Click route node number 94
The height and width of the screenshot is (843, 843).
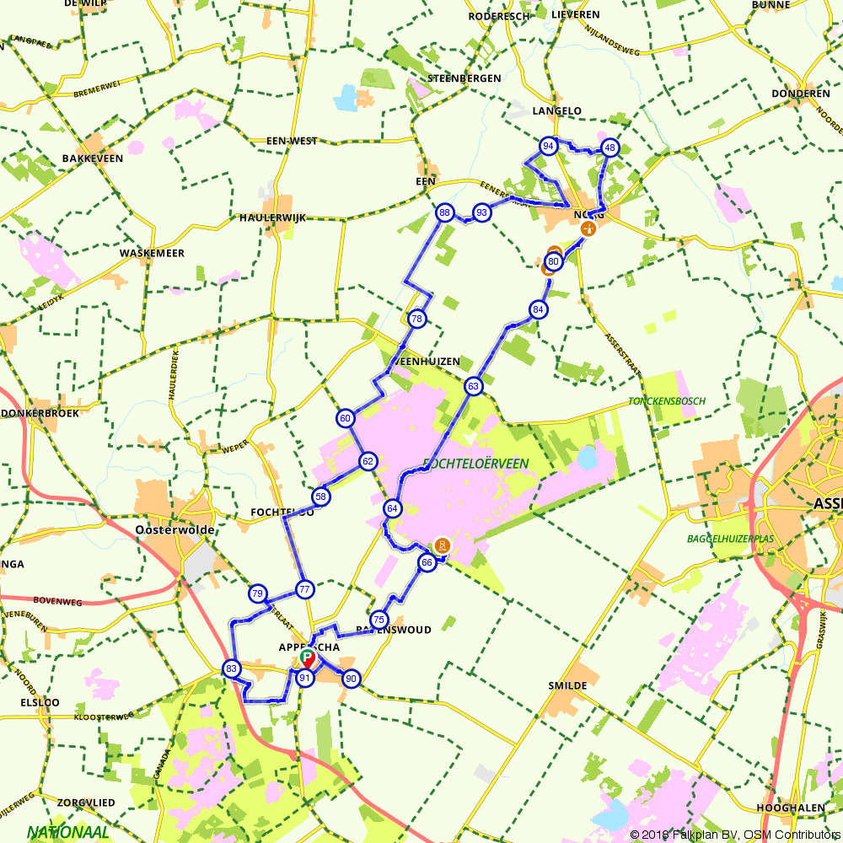pos(549,146)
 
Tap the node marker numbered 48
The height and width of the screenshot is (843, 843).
pos(609,148)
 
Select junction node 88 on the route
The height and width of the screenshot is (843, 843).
pos(444,212)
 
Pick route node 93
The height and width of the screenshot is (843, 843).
pos(481,212)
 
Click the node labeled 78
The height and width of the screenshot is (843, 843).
pos(416,319)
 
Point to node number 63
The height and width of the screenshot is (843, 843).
pos(473,387)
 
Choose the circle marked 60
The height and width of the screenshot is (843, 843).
pos(345,418)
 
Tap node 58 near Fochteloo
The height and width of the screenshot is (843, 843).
pos(320,497)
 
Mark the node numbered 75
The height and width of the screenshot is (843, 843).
pos(379,619)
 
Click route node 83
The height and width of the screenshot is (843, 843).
pos(232,668)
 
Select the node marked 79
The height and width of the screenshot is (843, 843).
pos(258,593)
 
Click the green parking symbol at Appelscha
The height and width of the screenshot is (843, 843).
pos(307,656)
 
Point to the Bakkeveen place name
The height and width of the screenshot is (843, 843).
pos(93,158)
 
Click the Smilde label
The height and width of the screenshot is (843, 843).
pos(567,685)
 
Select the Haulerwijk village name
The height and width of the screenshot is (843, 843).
pos(272,217)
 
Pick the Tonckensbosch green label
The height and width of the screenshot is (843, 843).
pos(667,401)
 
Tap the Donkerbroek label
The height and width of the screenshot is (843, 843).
pos(40,413)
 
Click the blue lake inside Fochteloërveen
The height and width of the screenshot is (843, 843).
pos(588,457)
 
